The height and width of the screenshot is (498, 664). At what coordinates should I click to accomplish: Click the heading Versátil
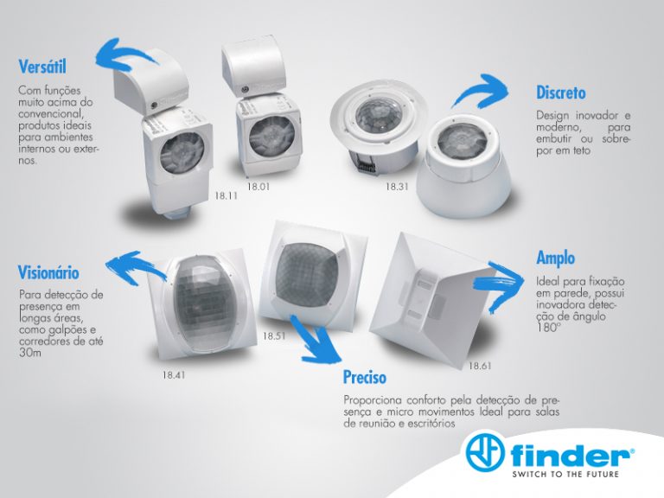(42, 67)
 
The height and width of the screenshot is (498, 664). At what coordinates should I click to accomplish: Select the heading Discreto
(560, 93)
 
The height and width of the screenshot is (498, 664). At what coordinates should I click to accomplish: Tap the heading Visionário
(48, 272)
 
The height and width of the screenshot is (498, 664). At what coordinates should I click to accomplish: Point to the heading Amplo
(555, 258)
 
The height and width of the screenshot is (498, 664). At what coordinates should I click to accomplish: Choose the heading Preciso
(365, 377)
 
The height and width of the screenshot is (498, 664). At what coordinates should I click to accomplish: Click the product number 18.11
(226, 196)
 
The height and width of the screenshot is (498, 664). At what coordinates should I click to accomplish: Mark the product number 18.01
(258, 187)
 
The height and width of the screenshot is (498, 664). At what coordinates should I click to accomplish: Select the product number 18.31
(396, 187)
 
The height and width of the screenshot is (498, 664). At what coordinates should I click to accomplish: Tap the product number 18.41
(174, 374)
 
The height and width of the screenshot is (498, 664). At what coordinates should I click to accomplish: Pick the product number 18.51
(274, 336)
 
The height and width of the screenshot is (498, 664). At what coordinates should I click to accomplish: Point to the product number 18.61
(480, 366)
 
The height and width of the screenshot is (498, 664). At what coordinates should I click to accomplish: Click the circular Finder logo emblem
(484, 454)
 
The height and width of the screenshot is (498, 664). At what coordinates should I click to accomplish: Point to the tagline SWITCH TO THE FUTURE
(565, 474)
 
